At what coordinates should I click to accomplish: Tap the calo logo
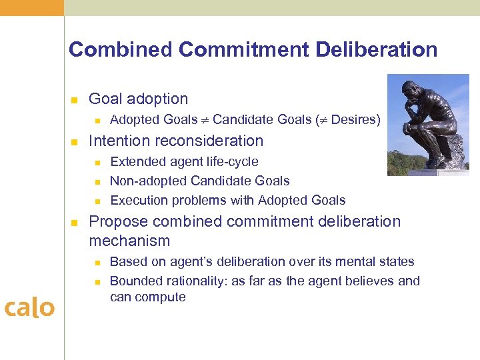tap(29, 307)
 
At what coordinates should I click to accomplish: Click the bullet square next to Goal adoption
tap(75, 100)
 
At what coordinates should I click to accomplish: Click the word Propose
tap(116, 221)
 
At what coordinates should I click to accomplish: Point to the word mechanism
tap(129, 241)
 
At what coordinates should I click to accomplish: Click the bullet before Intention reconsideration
tap(75, 142)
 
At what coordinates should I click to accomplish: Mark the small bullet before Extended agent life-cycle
tap(97, 162)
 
